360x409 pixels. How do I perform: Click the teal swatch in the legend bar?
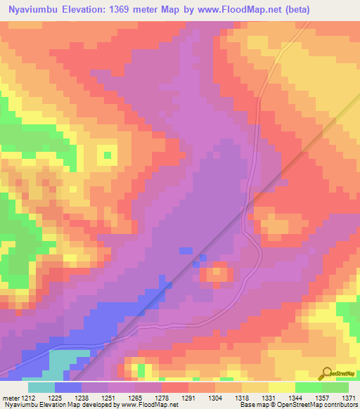[41, 387]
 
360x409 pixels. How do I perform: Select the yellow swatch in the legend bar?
[282, 387]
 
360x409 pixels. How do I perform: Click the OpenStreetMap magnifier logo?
[326, 373]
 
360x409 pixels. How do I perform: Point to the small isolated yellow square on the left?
[107, 153]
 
